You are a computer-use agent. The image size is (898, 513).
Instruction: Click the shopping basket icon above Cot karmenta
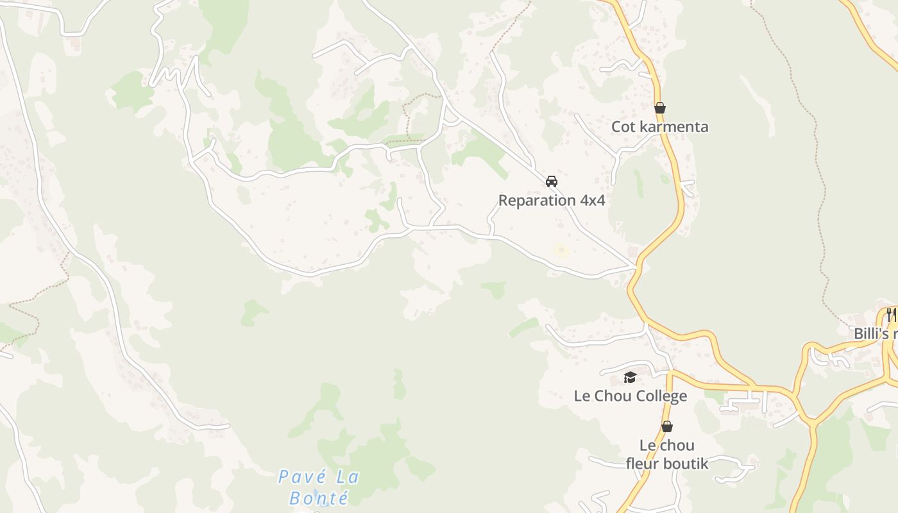pyautogui.click(x=659, y=108)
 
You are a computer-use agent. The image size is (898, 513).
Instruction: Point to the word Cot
pyautogui.click(x=623, y=126)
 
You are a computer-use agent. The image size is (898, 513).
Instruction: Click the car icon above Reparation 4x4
pyautogui.click(x=552, y=181)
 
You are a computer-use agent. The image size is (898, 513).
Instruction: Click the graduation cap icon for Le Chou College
pyautogui.click(x=630, y=377)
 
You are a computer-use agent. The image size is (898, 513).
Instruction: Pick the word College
pyautogui.click(x=661, y=396)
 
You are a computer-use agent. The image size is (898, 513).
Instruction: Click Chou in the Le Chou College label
pyautogui.click(x=613, y=396)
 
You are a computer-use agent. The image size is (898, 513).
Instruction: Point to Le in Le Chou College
pyautogui.click(x=582, y=396)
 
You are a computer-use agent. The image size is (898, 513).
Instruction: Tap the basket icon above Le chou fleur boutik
pyautogui.click(x=667, y=426)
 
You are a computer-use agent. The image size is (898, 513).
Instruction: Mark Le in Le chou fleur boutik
pyautogui.click(x=648, y=445)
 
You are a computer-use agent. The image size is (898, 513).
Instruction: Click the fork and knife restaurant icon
pyautogui.click(x=891, y=314)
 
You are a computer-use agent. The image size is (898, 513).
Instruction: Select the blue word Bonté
pyautogui.click(x=319, y=498)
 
